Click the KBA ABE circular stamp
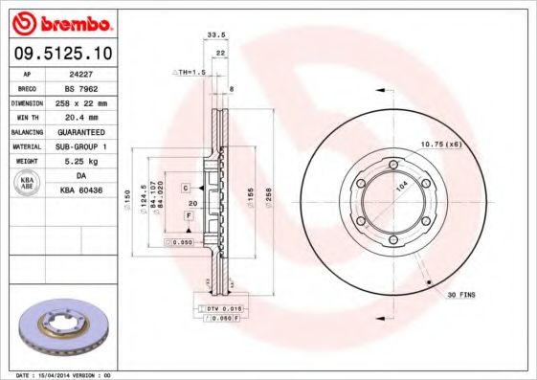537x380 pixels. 26,184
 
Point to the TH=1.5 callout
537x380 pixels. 190,73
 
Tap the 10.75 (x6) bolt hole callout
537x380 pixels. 441,144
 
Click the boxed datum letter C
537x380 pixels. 187,187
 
